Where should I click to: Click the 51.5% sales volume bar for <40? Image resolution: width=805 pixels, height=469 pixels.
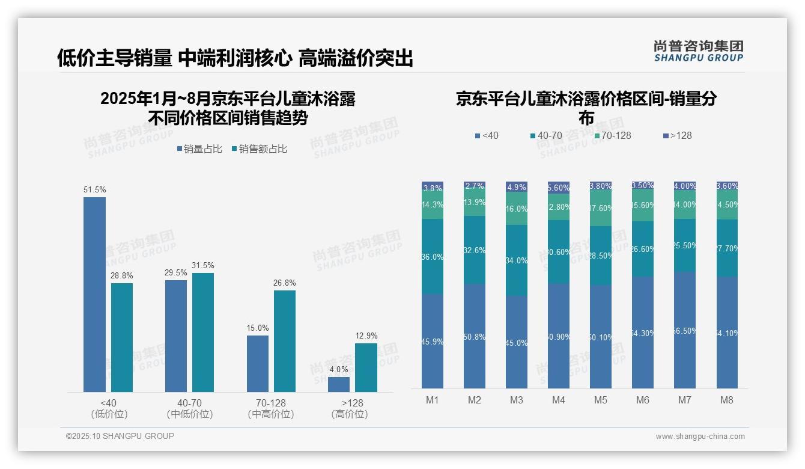pos(94,295)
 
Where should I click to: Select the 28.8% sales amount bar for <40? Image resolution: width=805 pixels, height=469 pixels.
pos(122,337)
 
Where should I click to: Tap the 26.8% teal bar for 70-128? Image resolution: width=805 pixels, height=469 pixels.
pos(285,341)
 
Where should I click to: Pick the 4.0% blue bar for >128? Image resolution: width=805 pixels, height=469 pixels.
pos(339,384)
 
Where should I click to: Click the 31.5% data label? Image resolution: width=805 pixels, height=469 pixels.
pos(203,265)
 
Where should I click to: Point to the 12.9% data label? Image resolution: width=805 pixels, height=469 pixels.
pos(366,336)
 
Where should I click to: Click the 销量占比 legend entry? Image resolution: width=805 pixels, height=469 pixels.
pos(199,149)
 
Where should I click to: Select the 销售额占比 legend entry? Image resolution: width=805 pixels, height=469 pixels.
pos(259,149)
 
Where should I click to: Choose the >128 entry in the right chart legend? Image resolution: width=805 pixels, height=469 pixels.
pos(676,135)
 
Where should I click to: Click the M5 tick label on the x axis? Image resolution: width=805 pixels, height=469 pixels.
pos(601,400)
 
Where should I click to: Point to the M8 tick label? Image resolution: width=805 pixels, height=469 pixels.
pos(727,400)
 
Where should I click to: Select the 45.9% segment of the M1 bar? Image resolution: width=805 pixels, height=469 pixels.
pos(433,341)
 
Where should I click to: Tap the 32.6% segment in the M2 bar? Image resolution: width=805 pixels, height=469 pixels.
pos(475,250)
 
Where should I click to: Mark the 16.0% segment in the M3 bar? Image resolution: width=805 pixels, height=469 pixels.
pos(517,209)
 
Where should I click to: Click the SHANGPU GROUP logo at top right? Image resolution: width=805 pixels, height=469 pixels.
pos(698,51)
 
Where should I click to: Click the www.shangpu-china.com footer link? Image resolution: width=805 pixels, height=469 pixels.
pos(700,437)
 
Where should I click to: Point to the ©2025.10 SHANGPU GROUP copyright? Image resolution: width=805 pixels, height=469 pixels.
pos(120,436)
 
